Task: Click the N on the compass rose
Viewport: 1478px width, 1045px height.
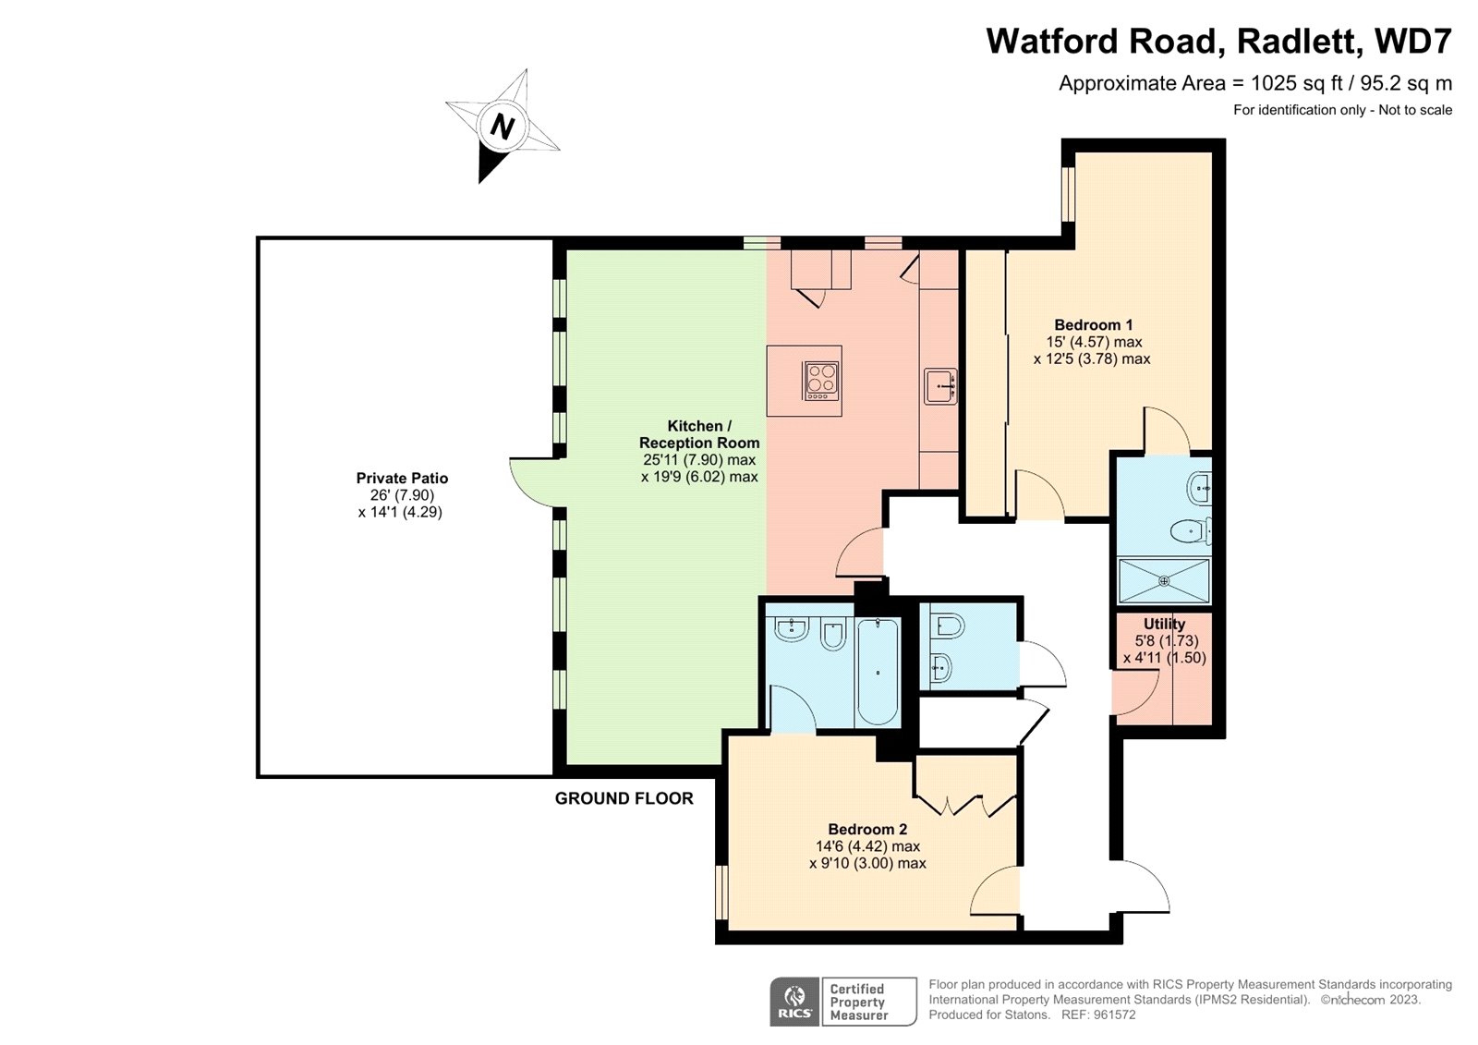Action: tap(502, 126)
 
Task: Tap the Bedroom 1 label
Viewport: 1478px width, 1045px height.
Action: tap(1093, 325)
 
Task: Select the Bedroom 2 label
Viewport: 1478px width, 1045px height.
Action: tap(867, 830)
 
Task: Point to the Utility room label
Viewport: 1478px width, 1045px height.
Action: tap(1164, 625)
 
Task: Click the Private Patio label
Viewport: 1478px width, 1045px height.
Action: tap(402, 479)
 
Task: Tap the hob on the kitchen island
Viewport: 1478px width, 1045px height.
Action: tap(821, 381)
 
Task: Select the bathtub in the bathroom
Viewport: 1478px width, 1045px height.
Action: tap(877, 672)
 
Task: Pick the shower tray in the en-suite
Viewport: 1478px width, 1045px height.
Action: tap(1164, 580)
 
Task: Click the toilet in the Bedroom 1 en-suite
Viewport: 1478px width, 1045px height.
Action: tap(1188, 531)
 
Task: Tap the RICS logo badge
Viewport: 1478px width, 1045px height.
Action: tap(794, 1002)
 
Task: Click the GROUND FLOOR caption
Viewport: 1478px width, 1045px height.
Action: tap(624, 799)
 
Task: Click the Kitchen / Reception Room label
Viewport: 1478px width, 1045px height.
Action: tap(699, 434)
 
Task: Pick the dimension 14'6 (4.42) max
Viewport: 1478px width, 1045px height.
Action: tap(867, 846)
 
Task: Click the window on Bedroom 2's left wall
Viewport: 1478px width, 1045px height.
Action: tap(722, 892)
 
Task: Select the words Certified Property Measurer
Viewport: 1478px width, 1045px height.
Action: tap(858, 1002)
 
